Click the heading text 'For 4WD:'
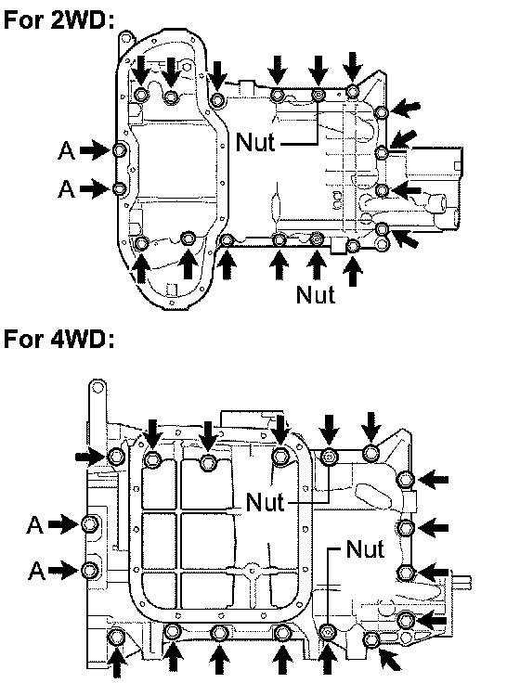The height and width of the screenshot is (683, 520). pos(59,340)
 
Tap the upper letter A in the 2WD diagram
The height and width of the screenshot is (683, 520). pos(66,150)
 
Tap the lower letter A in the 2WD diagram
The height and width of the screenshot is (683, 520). pos(66,189)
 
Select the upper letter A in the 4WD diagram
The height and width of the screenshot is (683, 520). pos(35,524)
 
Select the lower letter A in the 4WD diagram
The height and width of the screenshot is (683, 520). pos(36,570)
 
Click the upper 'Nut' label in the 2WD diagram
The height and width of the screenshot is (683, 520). pos(255,142)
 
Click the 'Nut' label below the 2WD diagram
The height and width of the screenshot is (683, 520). pos(316,294)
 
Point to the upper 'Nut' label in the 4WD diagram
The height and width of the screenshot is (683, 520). pos(265,502)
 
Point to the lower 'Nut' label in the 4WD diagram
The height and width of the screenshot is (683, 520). pos(365,548)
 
